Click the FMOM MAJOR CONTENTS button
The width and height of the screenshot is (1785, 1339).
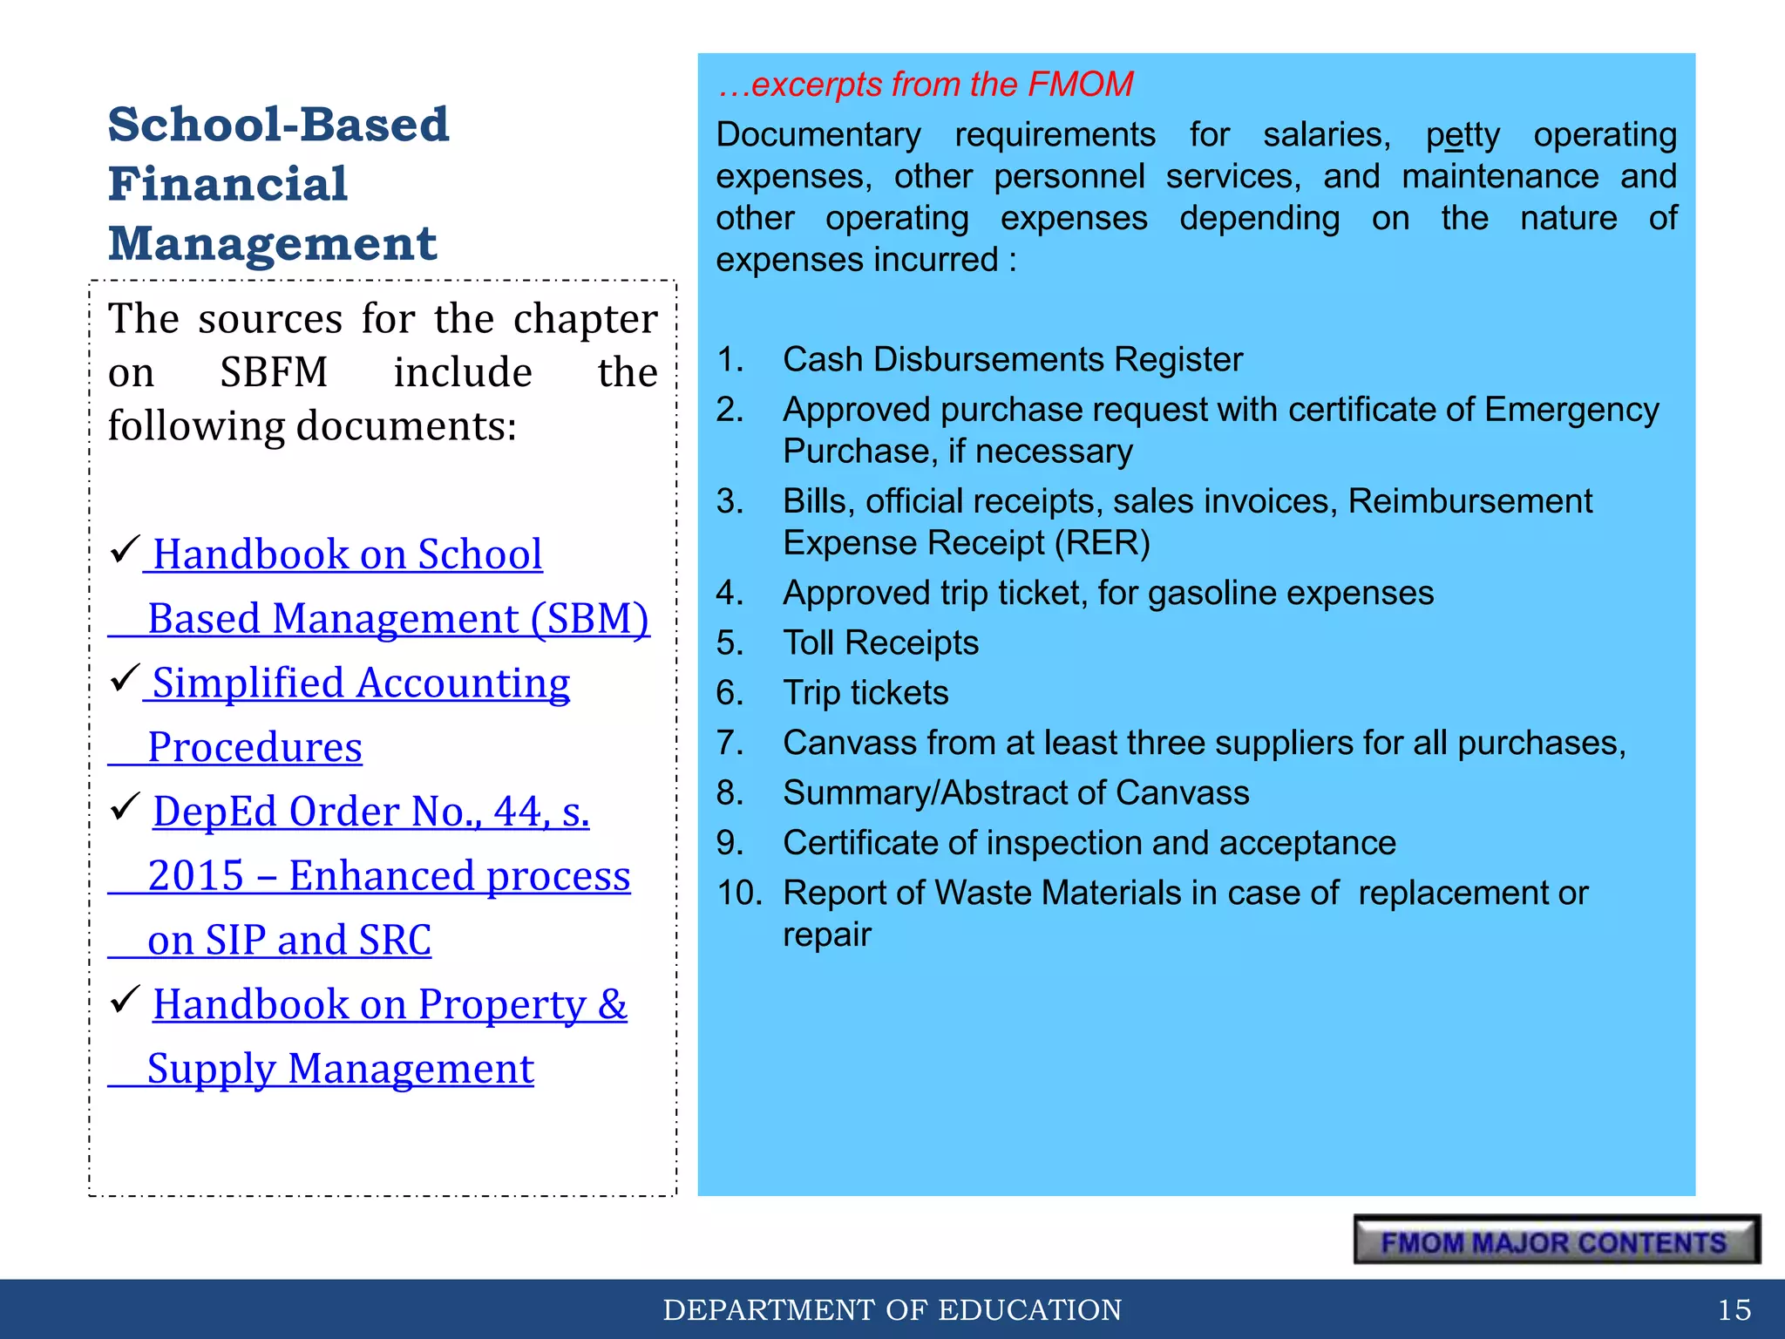pyautogui.click(x=1557, y=1240)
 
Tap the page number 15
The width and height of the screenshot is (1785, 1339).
pyautogui.click(x=1734, y=1309)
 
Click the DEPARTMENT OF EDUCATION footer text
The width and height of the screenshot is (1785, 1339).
pyautogui.click(x=892, y=1309)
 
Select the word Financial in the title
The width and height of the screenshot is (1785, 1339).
pyautogui.click(x=228, y=185)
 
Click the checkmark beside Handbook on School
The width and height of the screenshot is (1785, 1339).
pyautogui.click(x=126, y=549)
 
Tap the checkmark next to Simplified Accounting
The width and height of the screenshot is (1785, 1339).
pyautogui.click(x=126, y=677)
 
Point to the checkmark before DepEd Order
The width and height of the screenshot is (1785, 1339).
pyautogui.click(x=126, y=806)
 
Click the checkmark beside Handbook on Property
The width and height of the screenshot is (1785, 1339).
pyautogui.click(x=126, y=999)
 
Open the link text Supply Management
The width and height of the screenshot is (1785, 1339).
pyautogui.click(x=340, y=1069)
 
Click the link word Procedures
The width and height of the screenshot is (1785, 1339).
pyautogui.click(x=255, y=748)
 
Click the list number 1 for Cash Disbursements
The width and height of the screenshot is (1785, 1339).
pyautogui.click(x=730, y=359)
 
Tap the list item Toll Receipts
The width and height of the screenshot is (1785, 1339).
pyautogui.click(x=880, y=643)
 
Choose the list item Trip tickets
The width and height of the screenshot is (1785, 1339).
pyautogui.click(x=865, y=693)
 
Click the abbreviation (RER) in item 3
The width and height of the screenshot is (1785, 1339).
pyautogui.click(x=1102, y=543)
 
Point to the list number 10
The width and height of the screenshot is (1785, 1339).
pyautogui.click(x=739, y=893)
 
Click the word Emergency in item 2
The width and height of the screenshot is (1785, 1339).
pyautogui.click(x=1571, y=410)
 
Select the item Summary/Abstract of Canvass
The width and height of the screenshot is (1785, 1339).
pyautogui.click(x=1015, y=793)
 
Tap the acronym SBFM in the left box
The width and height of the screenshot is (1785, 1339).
pyautogui.click(x=274, y=373)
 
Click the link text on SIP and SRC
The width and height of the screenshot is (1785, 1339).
pyautogui.click(x=289, y=941)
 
